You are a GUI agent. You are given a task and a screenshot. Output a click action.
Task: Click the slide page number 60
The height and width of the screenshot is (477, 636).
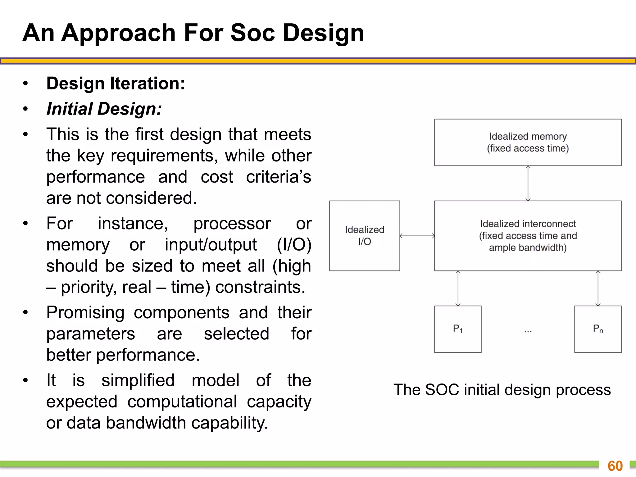615,466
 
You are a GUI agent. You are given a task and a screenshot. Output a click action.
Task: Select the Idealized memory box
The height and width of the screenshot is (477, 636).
528,142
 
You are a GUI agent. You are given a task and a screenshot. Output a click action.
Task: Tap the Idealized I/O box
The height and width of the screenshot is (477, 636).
364,236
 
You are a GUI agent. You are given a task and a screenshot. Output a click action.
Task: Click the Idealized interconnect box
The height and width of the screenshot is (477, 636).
528,236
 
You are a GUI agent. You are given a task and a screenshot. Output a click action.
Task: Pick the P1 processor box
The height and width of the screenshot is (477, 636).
458,329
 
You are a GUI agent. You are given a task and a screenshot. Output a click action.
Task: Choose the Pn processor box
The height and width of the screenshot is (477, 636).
598,329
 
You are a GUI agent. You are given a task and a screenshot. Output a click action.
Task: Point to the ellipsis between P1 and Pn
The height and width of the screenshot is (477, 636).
528,331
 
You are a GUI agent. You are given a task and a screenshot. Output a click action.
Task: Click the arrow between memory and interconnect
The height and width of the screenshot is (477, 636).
528,183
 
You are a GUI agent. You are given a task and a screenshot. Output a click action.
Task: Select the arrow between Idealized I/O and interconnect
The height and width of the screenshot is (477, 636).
417,236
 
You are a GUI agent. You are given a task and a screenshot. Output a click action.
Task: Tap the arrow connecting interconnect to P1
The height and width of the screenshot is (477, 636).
458,288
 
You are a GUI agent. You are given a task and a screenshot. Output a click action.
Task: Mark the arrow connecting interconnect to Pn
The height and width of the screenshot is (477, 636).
598,288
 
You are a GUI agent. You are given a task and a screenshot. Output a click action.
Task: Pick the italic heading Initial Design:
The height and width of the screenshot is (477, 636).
104,109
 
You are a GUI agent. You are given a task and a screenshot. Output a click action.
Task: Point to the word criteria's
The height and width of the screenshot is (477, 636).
278,177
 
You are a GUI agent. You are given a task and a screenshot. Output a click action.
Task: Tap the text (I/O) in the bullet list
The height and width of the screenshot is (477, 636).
294,244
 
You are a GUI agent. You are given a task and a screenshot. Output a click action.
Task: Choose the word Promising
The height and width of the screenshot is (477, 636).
85,312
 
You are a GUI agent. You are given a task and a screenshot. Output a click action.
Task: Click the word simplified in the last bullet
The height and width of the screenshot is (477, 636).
138,380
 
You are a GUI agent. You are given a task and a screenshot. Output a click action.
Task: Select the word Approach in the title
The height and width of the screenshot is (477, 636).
119,33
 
